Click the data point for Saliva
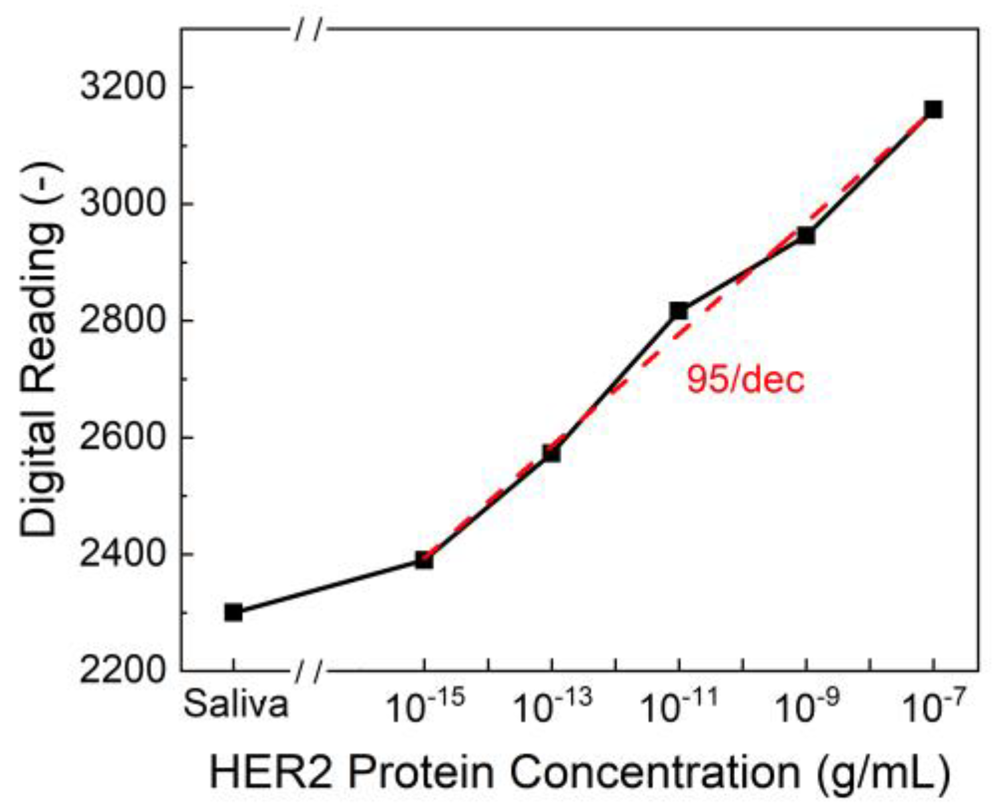tap(233, 612)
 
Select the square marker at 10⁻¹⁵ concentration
tap(425, 560)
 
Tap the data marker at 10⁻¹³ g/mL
tap(551, 453)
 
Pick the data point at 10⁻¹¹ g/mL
tap(679, 310)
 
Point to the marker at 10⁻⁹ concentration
tap(806, 235)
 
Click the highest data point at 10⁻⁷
tap(933, 109)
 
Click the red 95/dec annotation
tap(745, 380)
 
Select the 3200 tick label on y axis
tap(122, 87)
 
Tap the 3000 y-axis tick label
tap(122, 204)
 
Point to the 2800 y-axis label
tap(122, 320)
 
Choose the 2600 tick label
tap(122, 437)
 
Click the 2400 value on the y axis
tap(122, 554)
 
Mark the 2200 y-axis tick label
tap(122, 670)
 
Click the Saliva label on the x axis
tap(235, 704)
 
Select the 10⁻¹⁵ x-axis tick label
tap(425, 707)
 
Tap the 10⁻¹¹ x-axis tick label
tap(679, 707)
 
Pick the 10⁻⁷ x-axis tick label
tap(933, 707)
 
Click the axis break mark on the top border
tap(308, 29)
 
